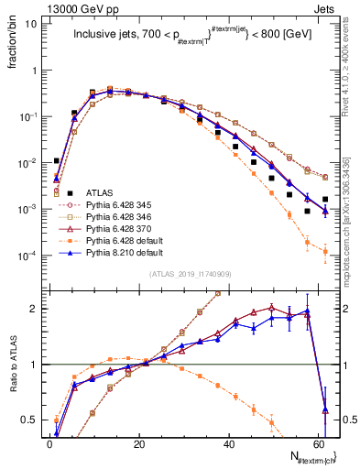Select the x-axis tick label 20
pyautogui.click(x=137, y=442)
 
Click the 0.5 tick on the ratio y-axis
pyautogui.click(x=29, y=420)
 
